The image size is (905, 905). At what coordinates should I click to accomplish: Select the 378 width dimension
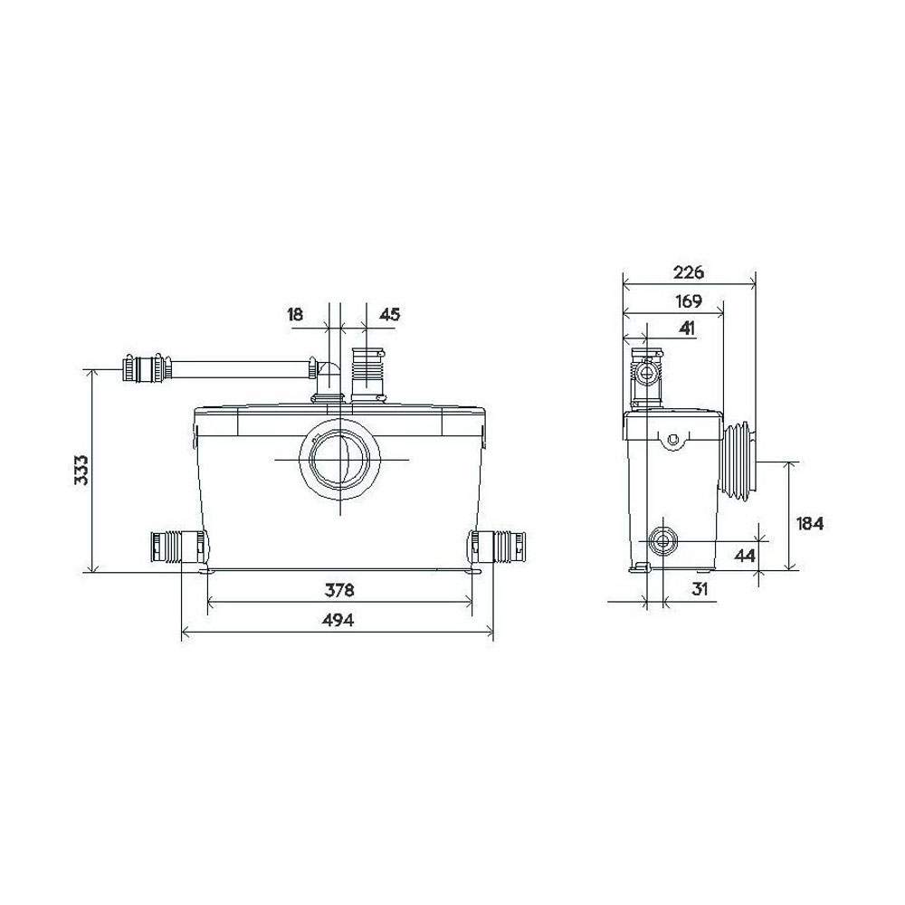[338, 591]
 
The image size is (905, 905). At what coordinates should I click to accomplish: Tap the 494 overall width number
[338, 621]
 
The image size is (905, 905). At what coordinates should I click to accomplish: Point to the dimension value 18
[295, 315]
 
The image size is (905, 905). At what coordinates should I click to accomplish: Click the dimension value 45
[389, 315]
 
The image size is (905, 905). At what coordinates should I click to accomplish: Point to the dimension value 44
[745, 555]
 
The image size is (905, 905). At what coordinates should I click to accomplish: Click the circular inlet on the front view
[339, 460]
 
